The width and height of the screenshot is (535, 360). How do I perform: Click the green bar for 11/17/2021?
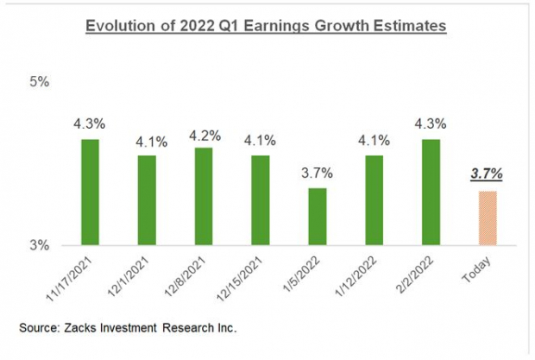click(91, 192)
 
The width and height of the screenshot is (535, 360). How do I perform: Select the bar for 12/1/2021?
click(147, 200)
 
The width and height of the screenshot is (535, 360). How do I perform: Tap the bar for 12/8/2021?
click(204, 196)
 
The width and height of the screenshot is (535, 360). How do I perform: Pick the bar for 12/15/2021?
click(261, 200)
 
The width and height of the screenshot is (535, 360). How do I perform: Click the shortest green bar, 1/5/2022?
click(318, 216)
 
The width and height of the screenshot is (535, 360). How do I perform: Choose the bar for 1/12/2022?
click(374, 200)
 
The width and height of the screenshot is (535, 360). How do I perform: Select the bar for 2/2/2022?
click(431, 192)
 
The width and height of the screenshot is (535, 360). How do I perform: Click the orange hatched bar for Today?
click(488, 218)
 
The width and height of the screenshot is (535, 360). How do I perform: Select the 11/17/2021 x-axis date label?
click(78, 277)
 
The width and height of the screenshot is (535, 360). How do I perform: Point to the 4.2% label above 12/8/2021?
click(204, 136)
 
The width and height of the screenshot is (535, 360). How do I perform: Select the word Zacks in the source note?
click(91, 328)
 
